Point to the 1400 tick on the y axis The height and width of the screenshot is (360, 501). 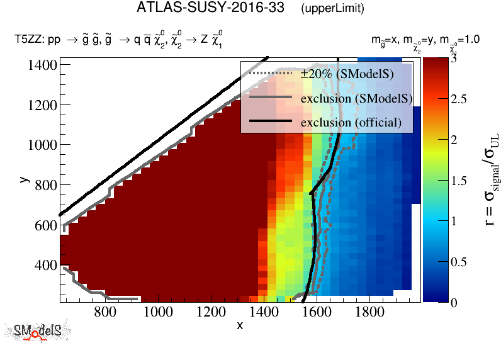(43, 64)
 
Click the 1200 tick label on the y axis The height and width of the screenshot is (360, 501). (43, 104)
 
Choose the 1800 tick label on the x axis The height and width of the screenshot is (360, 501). (366, 311)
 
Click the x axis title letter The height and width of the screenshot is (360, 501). (240, 325)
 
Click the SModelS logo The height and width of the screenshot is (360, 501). (38, 331)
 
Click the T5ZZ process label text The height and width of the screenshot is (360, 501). (120, 42)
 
